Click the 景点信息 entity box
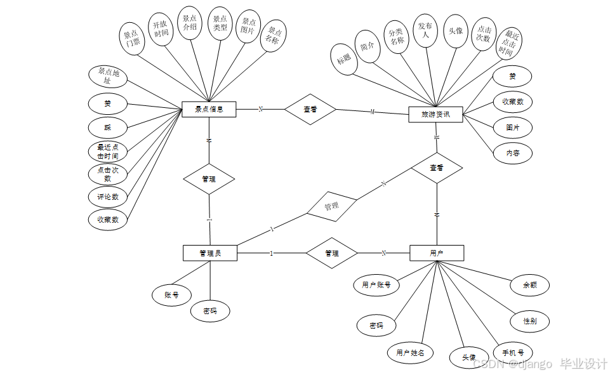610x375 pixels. coord(209,110)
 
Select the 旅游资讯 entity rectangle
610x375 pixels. coord(436,115)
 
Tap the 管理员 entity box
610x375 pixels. coord(209,253)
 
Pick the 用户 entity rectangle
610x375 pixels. coord(437,253)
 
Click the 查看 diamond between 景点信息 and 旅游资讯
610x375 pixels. coord(310,109)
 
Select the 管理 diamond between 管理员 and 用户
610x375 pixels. coord(331,253)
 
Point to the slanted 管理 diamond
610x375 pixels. coord(331,206)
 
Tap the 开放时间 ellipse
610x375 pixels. coord(161,29)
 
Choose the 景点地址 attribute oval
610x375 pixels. coord(107,77)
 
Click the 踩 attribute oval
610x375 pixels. coord(107,127)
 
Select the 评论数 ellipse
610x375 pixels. coord(107,197)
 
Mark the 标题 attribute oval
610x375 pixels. coord(344,60)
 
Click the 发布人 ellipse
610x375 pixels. coord(425,30)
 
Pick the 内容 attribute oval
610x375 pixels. coord(512,153)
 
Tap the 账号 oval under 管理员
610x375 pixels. coord(171,294)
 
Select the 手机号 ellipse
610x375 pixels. coord(513,353)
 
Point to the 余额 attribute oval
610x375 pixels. coord(529,285)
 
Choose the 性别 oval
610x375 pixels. coord(529,321)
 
